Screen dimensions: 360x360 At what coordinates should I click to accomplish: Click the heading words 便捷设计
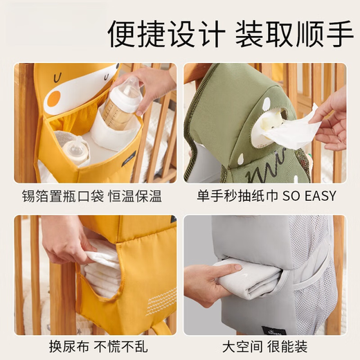[x=165, y=34]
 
